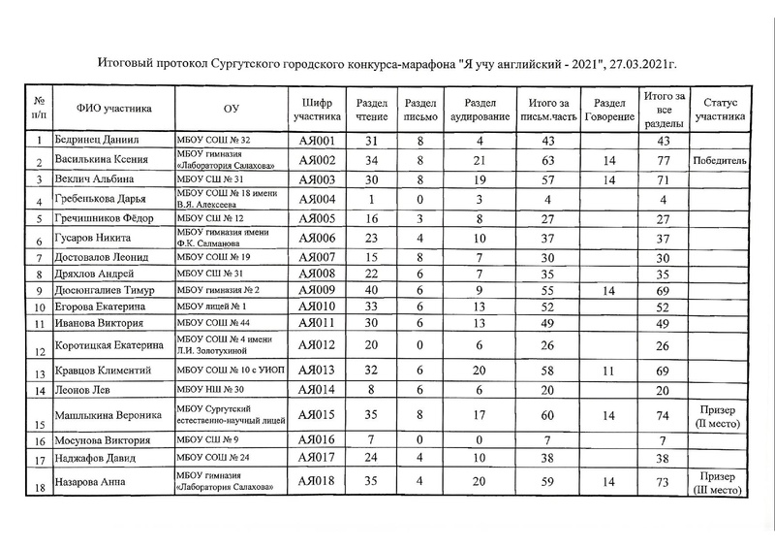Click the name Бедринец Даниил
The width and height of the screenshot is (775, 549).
tap(97, 141)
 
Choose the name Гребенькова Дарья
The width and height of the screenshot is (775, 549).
tap(104, 201)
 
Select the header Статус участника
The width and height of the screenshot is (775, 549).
tap(719, 109)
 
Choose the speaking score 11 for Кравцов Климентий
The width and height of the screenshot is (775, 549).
tap(608, 371)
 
